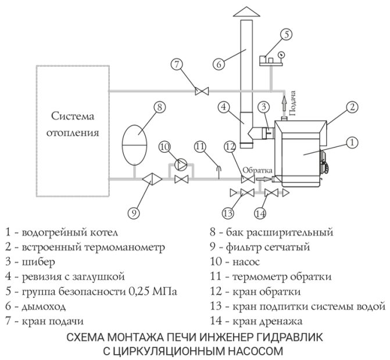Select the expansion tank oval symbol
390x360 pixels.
[135, 138]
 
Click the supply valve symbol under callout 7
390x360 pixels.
[202, 91]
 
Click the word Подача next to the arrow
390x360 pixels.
[294, 103]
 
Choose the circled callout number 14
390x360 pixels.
[260, 213]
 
